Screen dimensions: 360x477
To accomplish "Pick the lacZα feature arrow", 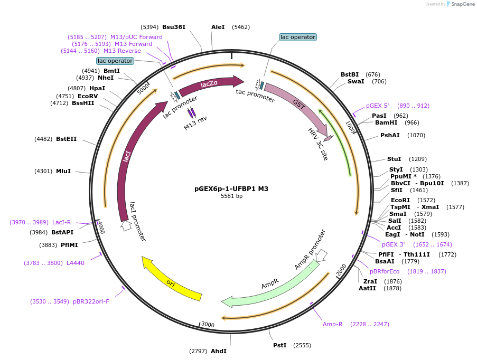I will pos(211,84).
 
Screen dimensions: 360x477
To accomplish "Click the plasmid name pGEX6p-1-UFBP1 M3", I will pos(231,188).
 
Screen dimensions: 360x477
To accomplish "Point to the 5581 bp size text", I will pos(231,196).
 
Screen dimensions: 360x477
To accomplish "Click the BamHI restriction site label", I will pos(386,122).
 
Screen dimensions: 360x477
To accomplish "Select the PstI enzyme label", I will pos(279,345).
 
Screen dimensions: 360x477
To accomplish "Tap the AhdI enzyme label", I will pos(219,351).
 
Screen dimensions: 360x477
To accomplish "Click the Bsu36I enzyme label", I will pos(174,27).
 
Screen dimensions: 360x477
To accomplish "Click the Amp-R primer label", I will pos(333,324).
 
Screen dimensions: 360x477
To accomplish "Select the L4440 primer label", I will pos(75,263).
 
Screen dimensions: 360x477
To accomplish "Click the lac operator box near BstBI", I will pos(297,37).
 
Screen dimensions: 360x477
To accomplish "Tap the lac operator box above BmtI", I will pos(115,61).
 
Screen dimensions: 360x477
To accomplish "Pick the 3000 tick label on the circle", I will pos(208,325).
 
